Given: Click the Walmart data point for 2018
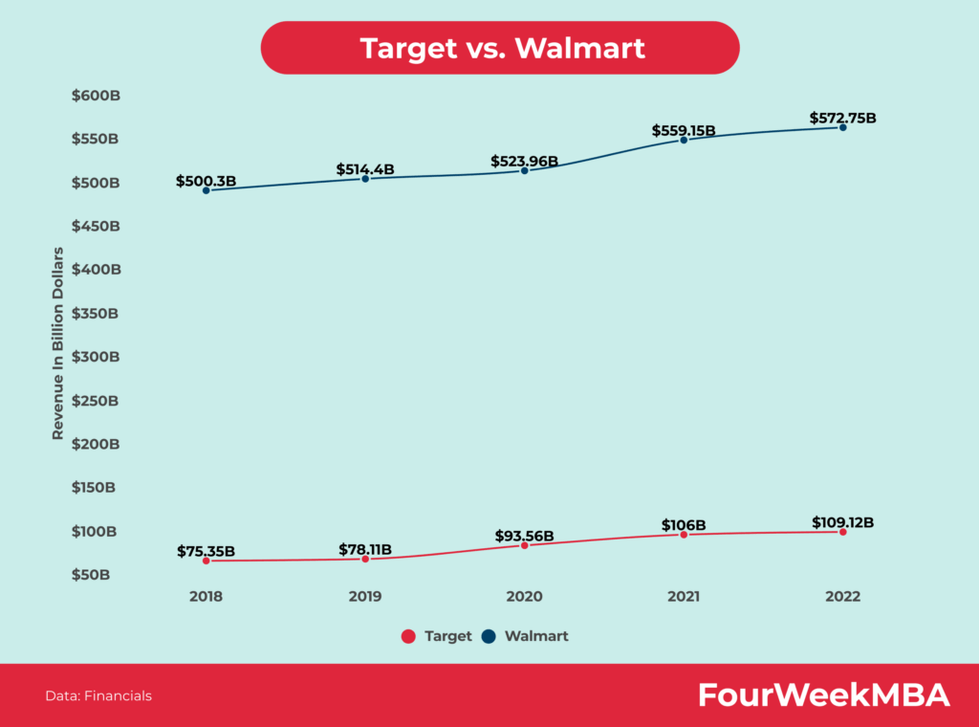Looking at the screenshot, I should coord(206,190).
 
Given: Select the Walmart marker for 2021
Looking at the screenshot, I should coord(684,140).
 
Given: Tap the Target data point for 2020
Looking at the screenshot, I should coord(524,545).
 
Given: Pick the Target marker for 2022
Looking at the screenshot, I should coord(842,531).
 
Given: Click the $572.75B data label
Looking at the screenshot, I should coord(842,118).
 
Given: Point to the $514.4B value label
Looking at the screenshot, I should coord(365,169).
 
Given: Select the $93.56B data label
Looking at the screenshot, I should coord(524,536).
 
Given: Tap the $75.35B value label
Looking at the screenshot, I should coord(206,551).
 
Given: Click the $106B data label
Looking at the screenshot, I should coord(684,525).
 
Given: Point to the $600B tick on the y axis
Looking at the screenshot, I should coord(96,96).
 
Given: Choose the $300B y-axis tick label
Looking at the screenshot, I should coord(96,357).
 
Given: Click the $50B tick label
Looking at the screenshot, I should coord(92,575).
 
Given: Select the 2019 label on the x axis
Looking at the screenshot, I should coord(365,596).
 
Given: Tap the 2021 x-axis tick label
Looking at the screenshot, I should coord(684,596).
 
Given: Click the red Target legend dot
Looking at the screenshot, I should coord(407,636).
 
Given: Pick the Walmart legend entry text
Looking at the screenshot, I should coord(536,636).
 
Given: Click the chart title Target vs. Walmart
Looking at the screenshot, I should coord(501,48).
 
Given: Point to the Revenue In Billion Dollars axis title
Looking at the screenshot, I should coord(58,343).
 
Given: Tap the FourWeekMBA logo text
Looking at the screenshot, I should coord(823,695).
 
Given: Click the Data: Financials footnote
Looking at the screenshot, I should coord(98,696).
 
